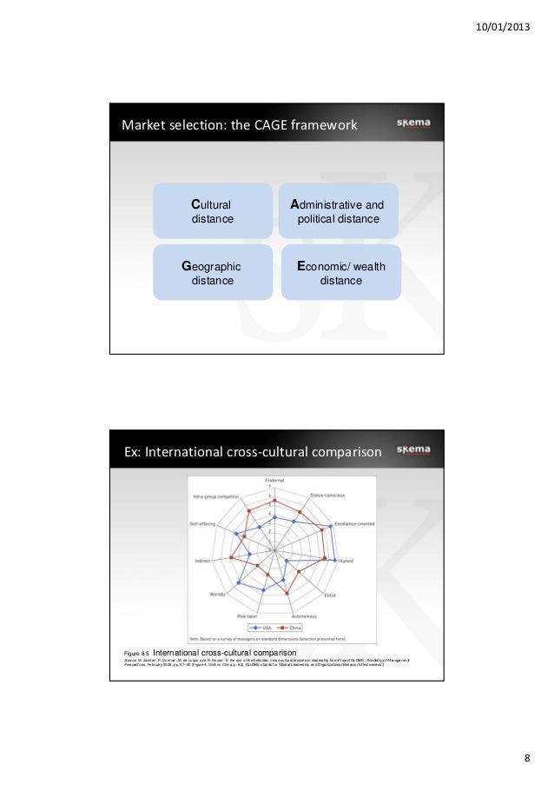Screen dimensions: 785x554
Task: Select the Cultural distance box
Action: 213,211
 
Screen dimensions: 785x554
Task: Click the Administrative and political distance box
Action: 338,211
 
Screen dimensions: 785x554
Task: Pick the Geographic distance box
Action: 212,273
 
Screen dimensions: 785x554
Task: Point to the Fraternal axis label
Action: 274,481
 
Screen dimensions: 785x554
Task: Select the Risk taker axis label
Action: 247,615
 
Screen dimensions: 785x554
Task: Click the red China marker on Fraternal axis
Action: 274,501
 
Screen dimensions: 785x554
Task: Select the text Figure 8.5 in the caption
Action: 138,652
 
